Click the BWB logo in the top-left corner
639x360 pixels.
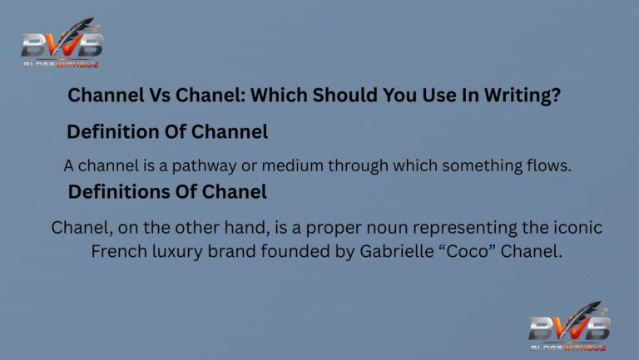pos(62,43)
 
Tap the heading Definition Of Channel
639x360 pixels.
pos(167,131)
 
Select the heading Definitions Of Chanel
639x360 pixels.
pos(167,192)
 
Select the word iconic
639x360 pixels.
pos(577,228)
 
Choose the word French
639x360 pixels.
pos(116,250)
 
